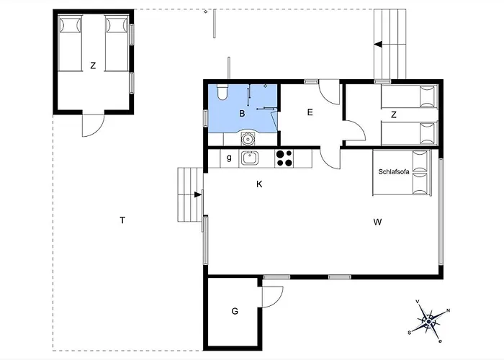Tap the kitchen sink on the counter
click(248, 158)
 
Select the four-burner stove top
click(284, 158)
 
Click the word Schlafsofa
click(394, 171)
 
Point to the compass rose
click(428, 321)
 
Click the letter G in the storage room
click(235, 311)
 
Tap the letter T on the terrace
click(122, 220)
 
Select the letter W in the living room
click(378, 222)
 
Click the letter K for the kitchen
click(259, 184)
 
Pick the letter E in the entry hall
click(310, 112)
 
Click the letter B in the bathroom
click(242, 114)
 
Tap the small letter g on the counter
click(229, 158)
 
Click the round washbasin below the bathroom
click(248, 139)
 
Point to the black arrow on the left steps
click(198, 194)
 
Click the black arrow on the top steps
click(378, 45)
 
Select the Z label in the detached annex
click(93, 66)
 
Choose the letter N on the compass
click(448, 310)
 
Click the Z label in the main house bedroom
click(394, 114)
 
